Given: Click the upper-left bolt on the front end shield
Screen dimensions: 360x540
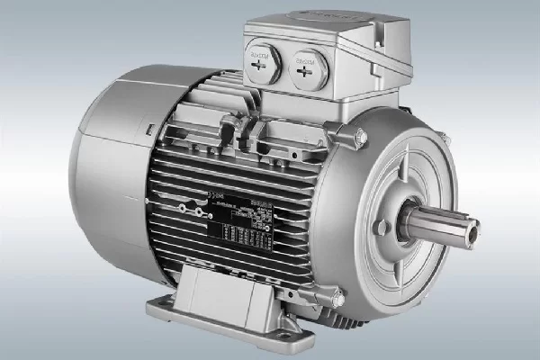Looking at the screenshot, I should pyautogui.click(x=360, y=137).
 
